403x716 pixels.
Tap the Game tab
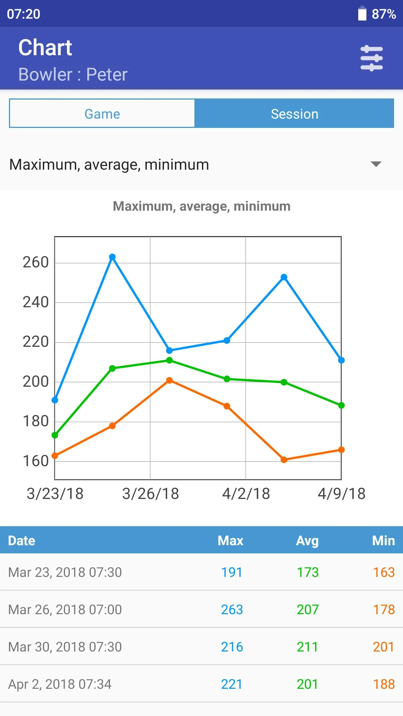[x=102, y=113]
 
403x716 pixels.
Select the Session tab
[x=294, y=113]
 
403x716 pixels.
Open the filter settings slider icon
[x=371, y=58]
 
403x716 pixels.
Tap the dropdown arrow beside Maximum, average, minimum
[x=376, y=164]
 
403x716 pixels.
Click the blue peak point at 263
[x=112, y=257]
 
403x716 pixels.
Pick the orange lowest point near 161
[x=284, y=460]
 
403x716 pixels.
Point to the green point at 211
[x=169, y=360]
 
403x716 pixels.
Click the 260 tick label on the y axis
[x=36, y=262]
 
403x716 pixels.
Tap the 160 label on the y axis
[x=36, y=461]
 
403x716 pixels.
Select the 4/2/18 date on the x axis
[x=246, y=494]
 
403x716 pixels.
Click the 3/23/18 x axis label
[x=55, y=494]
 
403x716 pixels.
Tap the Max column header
[x=231, y=540]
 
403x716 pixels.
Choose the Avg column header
[x=307, y=540]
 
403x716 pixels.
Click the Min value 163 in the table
[x=384, y=572]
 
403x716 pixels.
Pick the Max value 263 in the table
[x=232, y=609]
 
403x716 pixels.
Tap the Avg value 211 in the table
[x=307, y=647]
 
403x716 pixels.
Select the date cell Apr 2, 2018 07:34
[x=60, y=684]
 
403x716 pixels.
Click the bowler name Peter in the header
[x=107, y=75]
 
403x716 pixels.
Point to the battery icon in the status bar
[x=362, y=13]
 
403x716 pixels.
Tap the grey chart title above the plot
[x=201, y=206]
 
